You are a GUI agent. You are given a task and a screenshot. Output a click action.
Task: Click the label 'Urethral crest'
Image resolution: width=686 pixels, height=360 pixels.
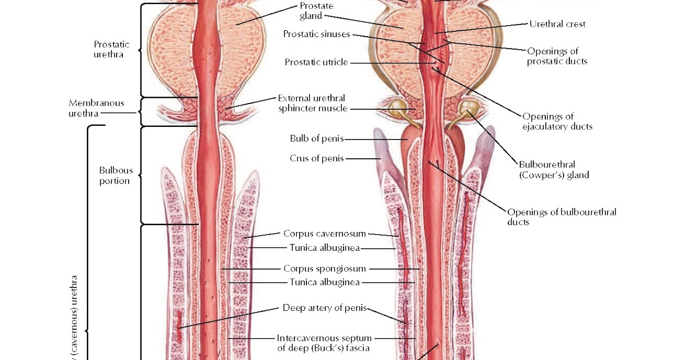tap(557, 24)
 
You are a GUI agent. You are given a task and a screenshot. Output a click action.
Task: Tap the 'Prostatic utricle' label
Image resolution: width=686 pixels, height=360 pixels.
tap(316, 62)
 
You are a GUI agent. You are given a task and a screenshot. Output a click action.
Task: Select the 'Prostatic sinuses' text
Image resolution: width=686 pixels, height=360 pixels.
tap(316, 34)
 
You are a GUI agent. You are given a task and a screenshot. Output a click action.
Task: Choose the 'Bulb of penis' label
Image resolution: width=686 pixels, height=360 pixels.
tap(317, 139)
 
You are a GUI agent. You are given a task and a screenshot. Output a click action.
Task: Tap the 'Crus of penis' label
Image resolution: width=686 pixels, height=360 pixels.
tap(317, 158)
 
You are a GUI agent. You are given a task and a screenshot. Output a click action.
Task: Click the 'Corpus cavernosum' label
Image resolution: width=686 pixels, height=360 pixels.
tap(325, 233)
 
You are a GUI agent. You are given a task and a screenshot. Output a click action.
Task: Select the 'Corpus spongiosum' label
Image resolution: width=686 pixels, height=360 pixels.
tap(325, 268)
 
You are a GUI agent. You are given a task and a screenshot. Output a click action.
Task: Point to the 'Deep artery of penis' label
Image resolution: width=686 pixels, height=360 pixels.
tap(324, 308)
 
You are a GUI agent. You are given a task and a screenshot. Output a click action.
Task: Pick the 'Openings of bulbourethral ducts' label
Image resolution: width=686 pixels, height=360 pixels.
tap(562, 217)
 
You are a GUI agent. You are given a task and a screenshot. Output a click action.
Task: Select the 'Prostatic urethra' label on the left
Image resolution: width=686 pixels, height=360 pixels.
tap(111, 50)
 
